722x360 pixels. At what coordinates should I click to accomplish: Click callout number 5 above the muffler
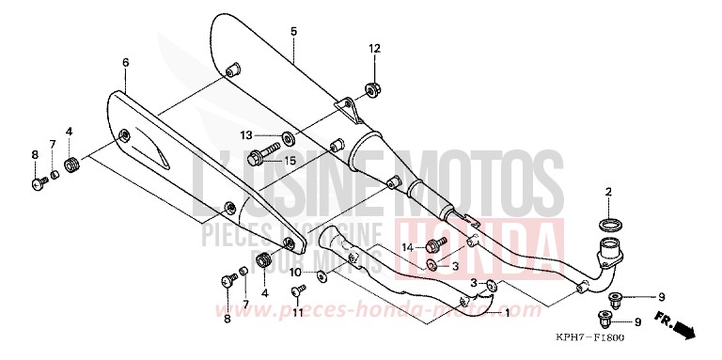pos(293,32)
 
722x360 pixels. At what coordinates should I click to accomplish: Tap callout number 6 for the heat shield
pos(124,62)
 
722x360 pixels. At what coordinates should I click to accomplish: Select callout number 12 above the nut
pos(374,48)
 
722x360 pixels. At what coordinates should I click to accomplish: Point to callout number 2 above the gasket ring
pos(608,193)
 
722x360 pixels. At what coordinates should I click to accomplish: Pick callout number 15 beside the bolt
pos(290,161)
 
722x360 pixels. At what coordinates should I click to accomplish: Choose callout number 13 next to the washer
pos(245,134)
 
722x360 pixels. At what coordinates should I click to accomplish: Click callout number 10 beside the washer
pos(295,272)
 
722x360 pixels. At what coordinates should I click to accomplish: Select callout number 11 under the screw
pos(297,313)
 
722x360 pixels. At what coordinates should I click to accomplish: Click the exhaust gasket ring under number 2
pos(608,225)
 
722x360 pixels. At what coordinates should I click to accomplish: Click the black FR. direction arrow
pos(686,329)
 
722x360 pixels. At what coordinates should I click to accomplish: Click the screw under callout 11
pos(297,292)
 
